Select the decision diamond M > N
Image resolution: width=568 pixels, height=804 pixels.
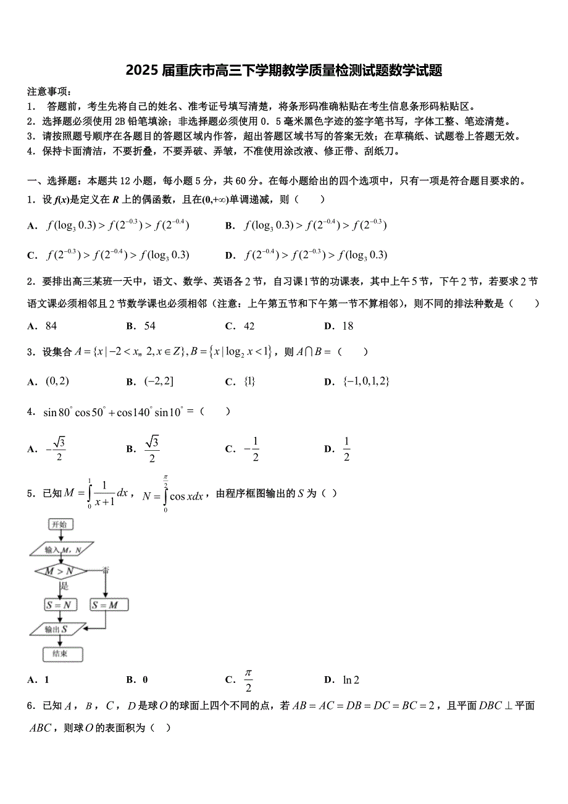coord(59,571)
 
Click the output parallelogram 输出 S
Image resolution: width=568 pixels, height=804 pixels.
coord(56,629)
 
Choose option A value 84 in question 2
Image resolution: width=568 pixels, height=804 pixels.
coord(51,326)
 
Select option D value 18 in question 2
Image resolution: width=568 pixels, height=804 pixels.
coord(348,326)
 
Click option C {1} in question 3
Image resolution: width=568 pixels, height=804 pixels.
coord(249,382)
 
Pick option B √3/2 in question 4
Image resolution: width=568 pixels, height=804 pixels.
coord(151,449)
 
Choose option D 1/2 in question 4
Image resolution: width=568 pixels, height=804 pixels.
coord(346,449)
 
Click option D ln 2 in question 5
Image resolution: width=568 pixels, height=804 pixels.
coord(351,680)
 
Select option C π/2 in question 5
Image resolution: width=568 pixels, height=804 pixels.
coord(248,680)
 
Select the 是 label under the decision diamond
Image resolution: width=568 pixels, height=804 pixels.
coord(64,586)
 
